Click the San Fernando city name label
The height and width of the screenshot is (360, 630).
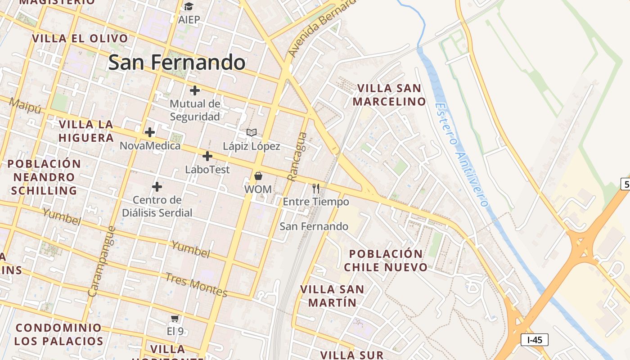point(177,63)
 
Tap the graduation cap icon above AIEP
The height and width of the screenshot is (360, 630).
point(189,6)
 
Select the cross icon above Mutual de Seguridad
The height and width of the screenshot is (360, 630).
point(195,90)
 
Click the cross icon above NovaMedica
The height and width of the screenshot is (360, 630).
point(150,132)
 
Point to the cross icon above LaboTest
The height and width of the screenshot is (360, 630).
point(207,156)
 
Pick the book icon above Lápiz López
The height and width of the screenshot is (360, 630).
point(252,133)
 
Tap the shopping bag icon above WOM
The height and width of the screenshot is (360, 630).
point(258,176)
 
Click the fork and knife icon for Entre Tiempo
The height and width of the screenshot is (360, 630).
point(316,188)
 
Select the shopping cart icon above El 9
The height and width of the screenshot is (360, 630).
point(175,319)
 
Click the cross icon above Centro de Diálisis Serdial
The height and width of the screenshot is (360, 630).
point(157,186)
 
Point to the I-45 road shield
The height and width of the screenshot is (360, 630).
point(535,340)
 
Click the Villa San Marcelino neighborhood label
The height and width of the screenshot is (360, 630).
point(389,95)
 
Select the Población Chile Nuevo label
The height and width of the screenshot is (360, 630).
point(386,261)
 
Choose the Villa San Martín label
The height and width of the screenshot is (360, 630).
point(332,296)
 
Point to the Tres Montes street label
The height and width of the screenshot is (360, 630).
point(196,285)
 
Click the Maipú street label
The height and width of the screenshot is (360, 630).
point(25,106)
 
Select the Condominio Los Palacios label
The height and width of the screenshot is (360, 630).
point(58,334)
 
